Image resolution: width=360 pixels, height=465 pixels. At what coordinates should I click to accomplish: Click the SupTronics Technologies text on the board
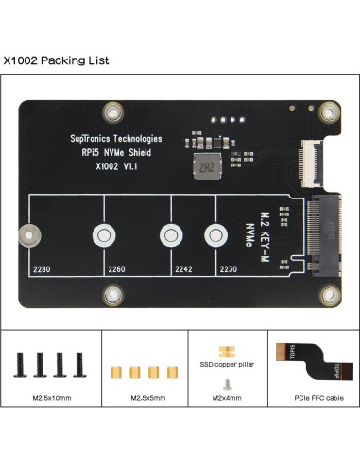click(x=122, y=138)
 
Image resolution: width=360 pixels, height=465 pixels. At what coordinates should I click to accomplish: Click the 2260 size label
click(x=116, y=268)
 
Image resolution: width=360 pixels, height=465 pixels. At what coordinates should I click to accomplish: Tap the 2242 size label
click(x=183, y=268)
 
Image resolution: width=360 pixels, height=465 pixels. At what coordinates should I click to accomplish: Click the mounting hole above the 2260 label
click(x=102, y=234)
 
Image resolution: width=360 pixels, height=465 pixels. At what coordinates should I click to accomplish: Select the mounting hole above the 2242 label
click(x=170, y=234)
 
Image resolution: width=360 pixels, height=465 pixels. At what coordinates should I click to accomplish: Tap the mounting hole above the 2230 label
click(x=215, y=234)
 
